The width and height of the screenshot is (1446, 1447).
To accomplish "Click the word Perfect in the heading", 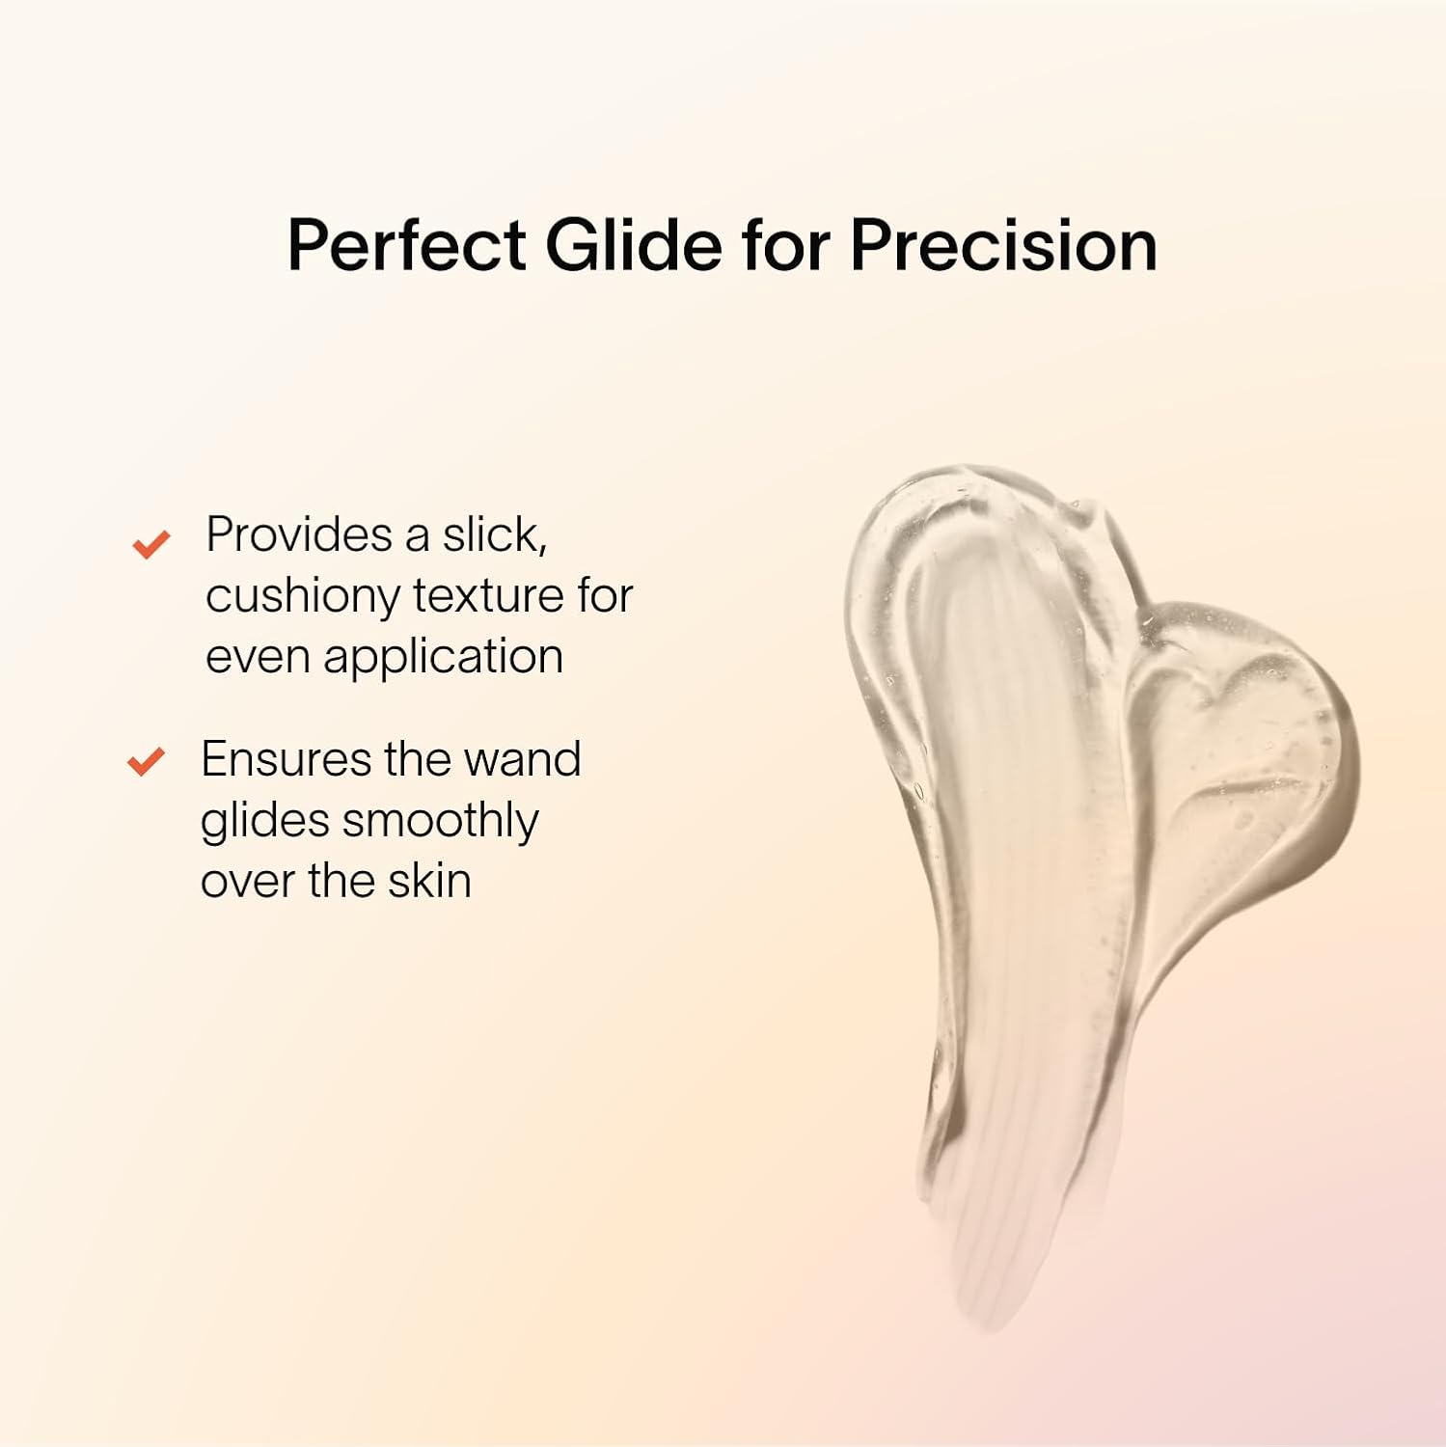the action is click(x=407, y=245).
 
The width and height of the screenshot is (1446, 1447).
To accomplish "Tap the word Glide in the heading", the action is click(x=634, y=245).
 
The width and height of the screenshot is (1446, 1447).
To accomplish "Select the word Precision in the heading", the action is click(x=1003, y=245).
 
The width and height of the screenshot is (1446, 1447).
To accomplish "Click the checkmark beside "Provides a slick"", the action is click(x=150, y=544).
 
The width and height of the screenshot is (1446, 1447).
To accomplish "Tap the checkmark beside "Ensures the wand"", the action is click(x=146, y=762).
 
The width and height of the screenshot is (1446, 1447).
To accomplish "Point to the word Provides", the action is click(x=299, y=534).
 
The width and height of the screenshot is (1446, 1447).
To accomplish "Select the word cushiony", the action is click(x=303, y=597).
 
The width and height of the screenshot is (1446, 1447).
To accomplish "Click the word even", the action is click(x=258, y=658).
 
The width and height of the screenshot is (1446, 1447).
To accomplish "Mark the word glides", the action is click(x=265, y=822).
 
